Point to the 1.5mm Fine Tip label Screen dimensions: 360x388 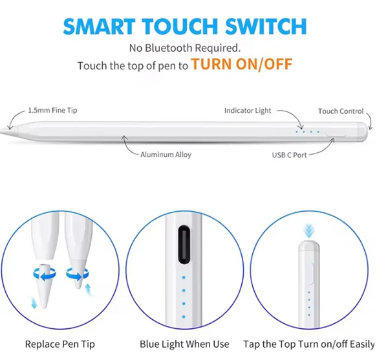pyautogui.click(x=52, y=111)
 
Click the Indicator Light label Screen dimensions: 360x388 pyautogui.click(x=248, y=111)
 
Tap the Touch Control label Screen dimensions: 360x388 pyautogui.click(x=340, y=111)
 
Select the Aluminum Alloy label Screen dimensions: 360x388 pyautogui.click(x=166, y=155)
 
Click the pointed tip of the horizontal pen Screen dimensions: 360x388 pyautogui.click(x=4, y=129)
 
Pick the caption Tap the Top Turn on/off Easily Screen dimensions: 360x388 pyautogui.click(x=309, y=344)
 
